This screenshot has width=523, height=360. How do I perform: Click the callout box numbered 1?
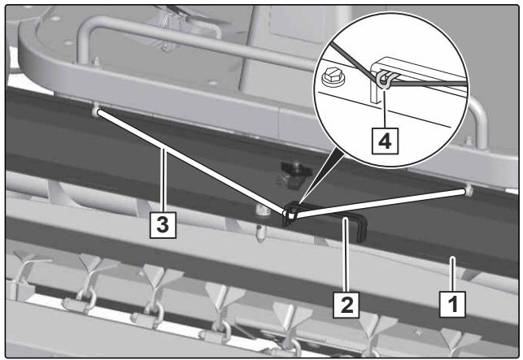click(x=452, y=304)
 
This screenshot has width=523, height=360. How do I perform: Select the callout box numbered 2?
click(x=346, y=305)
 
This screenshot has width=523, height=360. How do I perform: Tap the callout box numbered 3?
click(x=163, y=225)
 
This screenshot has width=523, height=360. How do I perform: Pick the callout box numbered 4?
click(x=385, y=141)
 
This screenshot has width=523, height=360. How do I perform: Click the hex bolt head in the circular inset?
click(x=333, y=77)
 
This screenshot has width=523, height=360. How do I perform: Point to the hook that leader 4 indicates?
click(x=384, y=80)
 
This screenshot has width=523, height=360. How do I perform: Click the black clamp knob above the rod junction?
click(x=294, y=175)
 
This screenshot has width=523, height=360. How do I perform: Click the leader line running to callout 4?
click(x=385, y=109)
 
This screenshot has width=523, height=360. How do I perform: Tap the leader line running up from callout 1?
click(x=452, y=274)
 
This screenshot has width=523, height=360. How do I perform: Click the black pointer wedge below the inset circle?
click(x=322, y=178)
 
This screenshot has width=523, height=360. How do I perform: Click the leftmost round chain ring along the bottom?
click(x=87, y=299)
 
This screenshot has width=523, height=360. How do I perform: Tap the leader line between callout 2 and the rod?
click(x=346, y=254)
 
